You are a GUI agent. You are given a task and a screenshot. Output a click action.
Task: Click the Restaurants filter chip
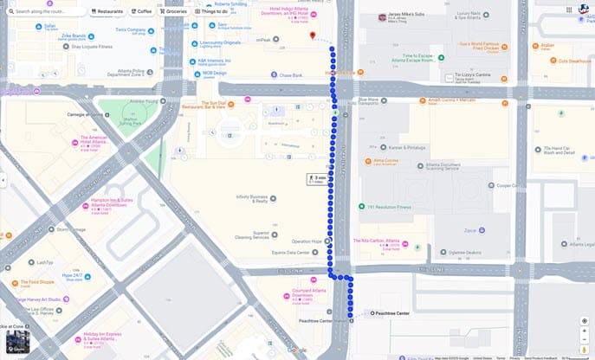107,11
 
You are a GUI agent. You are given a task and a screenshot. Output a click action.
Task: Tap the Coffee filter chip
141,11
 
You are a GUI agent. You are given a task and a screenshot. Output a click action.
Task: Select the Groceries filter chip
174,11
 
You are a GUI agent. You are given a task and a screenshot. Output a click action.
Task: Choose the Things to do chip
212,11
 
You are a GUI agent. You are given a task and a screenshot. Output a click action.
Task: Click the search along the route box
43,11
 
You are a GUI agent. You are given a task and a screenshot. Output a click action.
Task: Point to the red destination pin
313,35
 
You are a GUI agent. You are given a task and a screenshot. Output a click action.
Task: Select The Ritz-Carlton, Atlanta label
377,241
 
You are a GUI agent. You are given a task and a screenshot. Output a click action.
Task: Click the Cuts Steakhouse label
573,61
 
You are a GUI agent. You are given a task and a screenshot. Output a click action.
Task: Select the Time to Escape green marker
441,57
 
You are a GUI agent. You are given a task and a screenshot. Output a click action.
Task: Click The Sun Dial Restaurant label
202,104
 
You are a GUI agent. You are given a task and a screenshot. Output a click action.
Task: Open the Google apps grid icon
568,10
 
